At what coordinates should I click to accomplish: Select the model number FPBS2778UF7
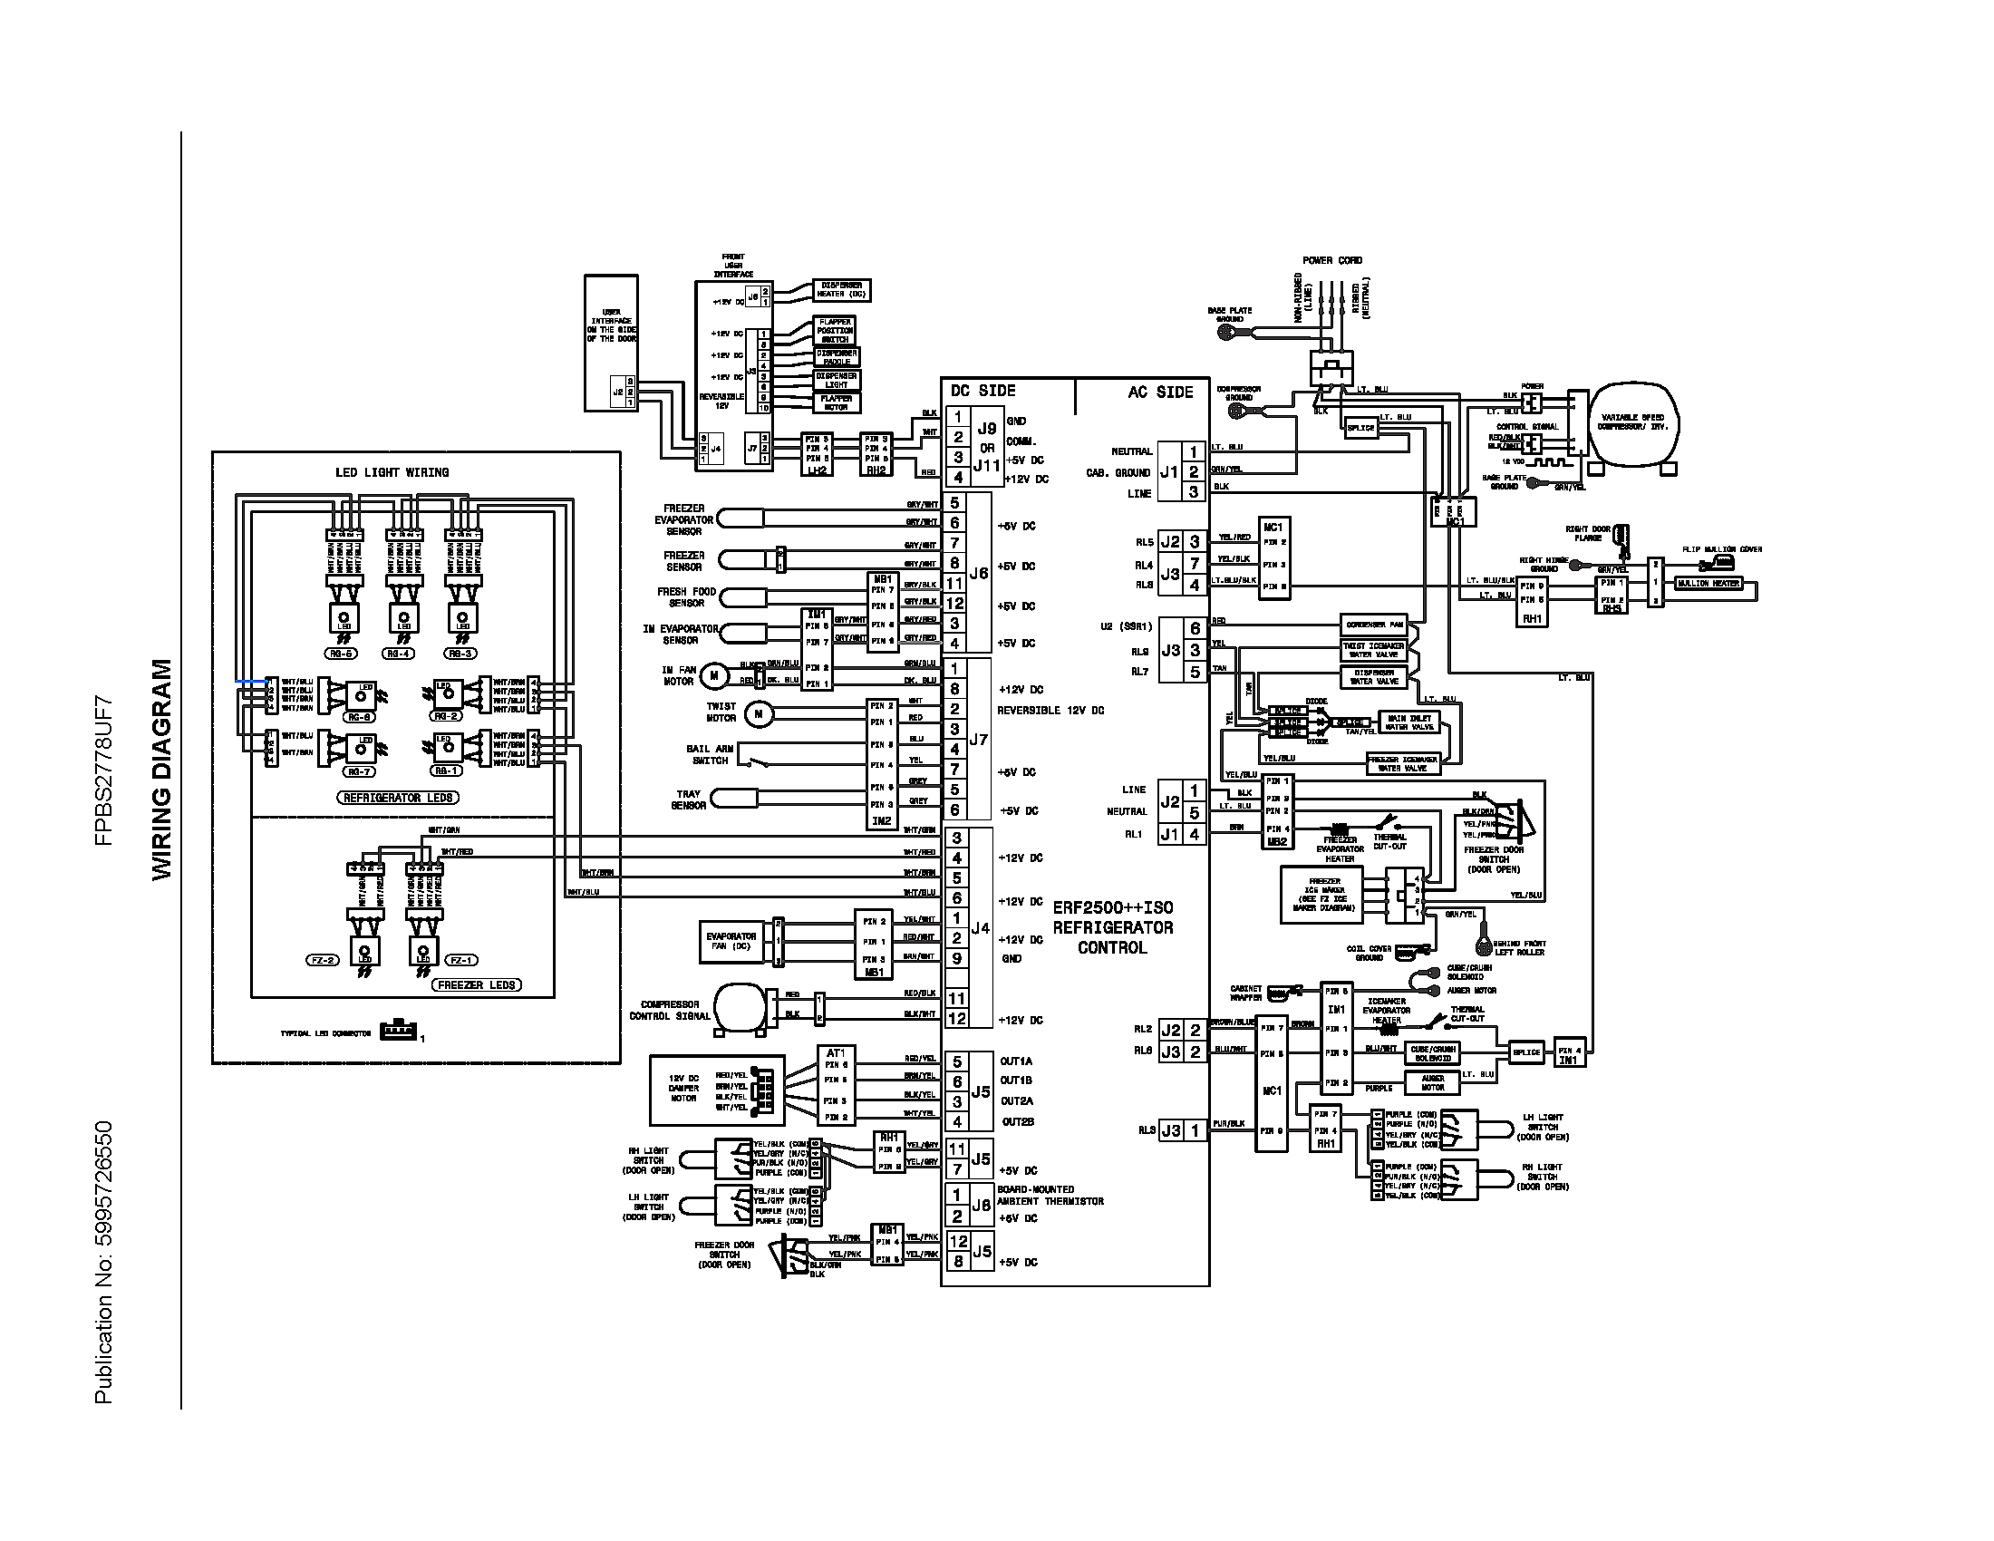pyautogui.click(x=104, y=770)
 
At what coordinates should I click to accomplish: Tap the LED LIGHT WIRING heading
pyautogui.click(x=392, y=472)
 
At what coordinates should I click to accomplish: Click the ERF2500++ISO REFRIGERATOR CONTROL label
pyautogui.click(x=1112, y=927)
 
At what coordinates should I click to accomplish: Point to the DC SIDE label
pyautogui.click(x=982, y=391)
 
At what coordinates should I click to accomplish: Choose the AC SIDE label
pyautogui.click(x=1160, y=392)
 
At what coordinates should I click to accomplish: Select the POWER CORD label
pyautogui.click(x=1332, y=260)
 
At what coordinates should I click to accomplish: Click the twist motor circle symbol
pyautogui.click(x=758, y=714)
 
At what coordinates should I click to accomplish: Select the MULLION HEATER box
pyautogui.click(x=1708, y=584)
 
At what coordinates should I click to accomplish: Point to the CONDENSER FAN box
pyautogui.click(x=1373, y=625)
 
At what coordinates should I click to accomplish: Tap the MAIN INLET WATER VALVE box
pyautogui.click(x=1408, y=723)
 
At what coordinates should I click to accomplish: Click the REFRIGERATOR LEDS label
pyautogui.click(x=398, y=798)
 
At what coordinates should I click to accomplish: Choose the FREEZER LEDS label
pyautogui.click(x=476, y=985)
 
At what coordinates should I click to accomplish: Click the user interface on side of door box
pyautogui.click(x=611, y=344)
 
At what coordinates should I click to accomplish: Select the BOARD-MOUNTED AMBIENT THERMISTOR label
pyautogui.click(x=1050, y=1196)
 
